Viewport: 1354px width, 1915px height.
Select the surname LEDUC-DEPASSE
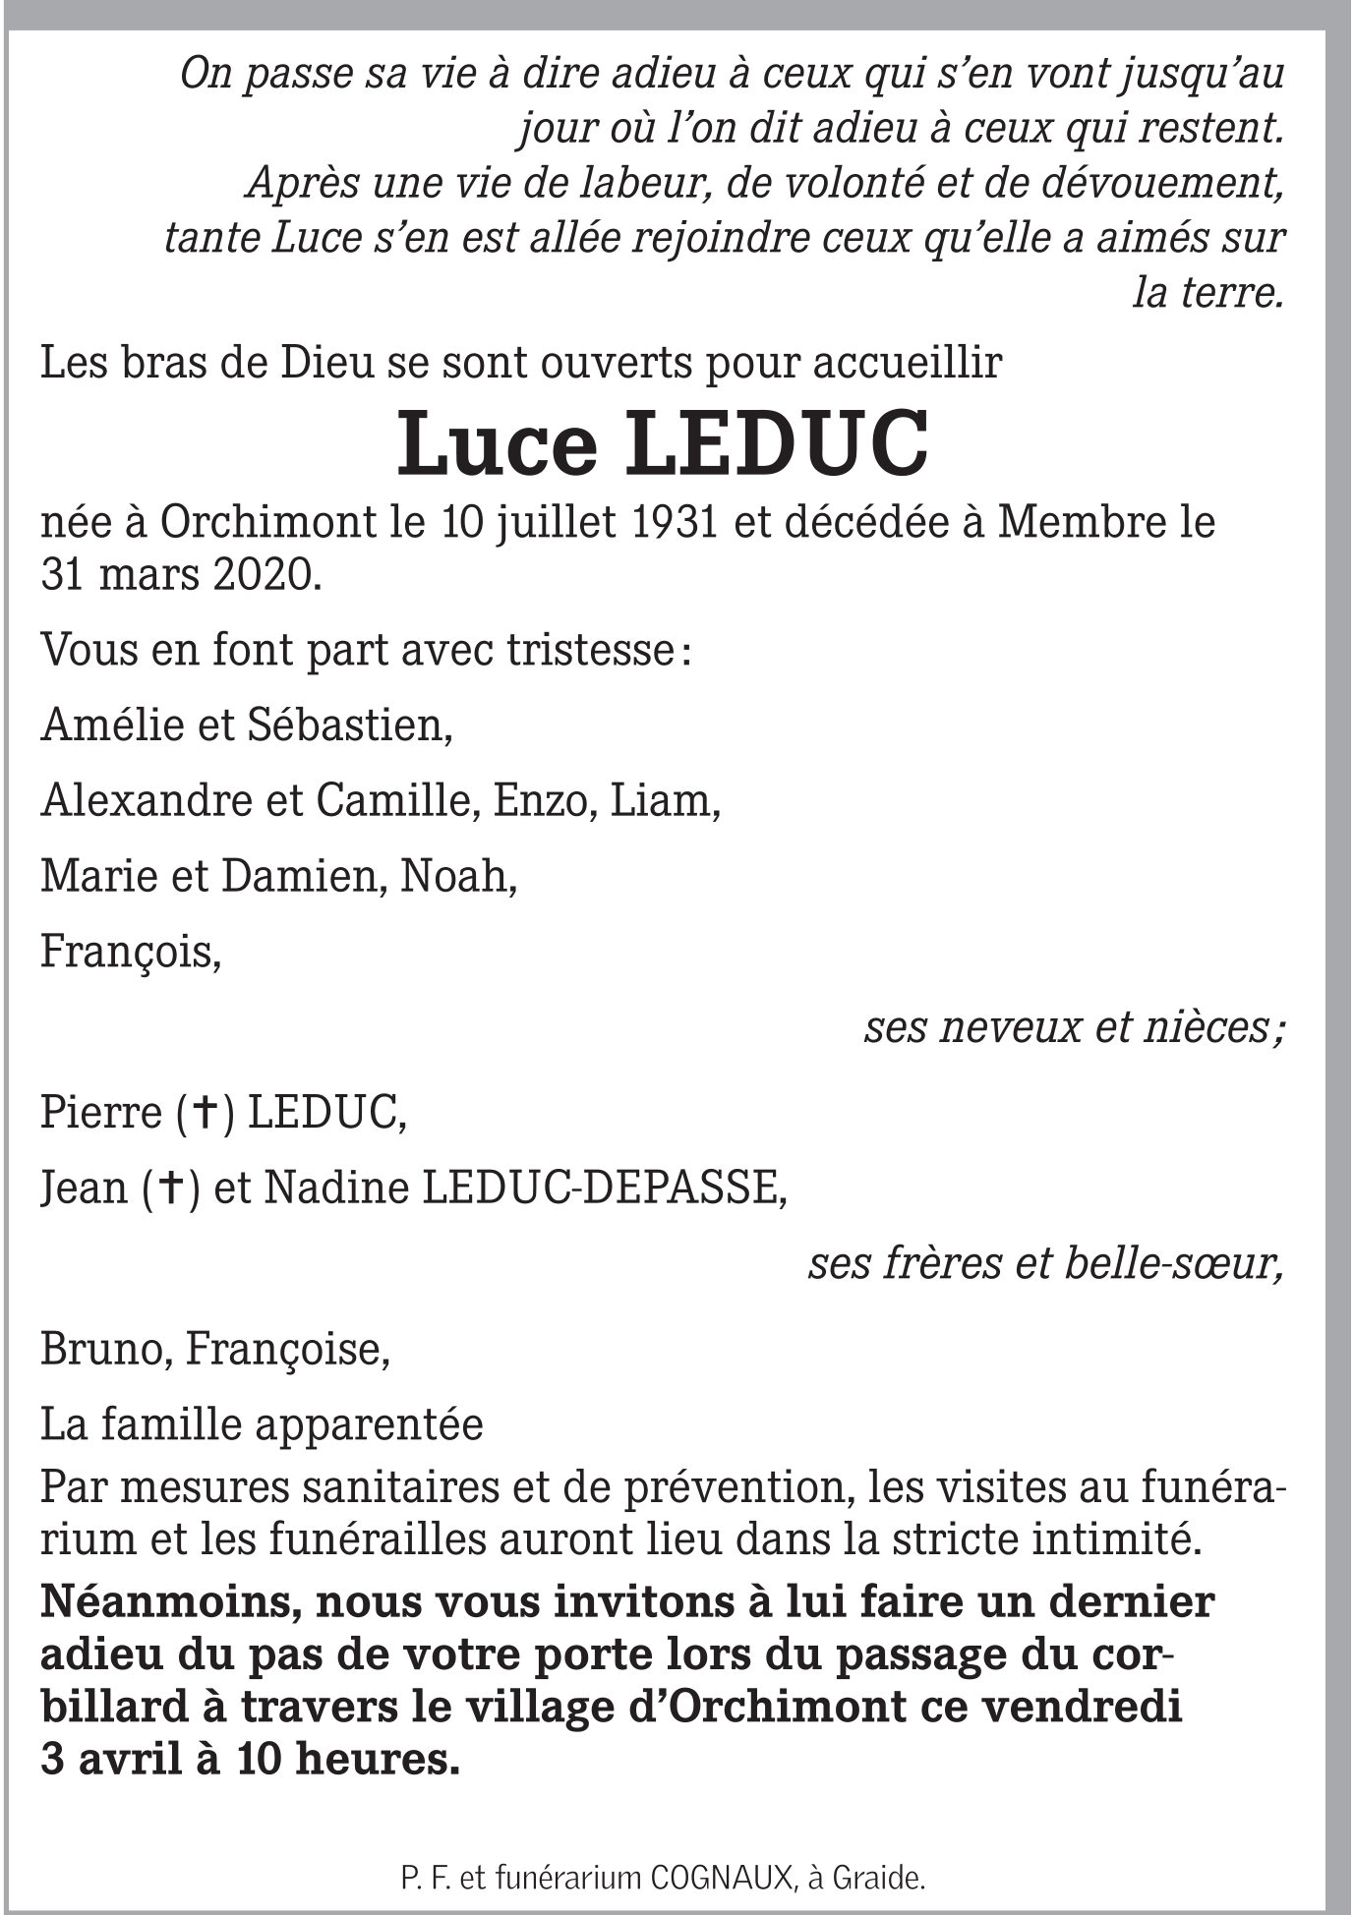(x=603, y=1189)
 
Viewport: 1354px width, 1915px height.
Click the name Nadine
(x=335, y=1189)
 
